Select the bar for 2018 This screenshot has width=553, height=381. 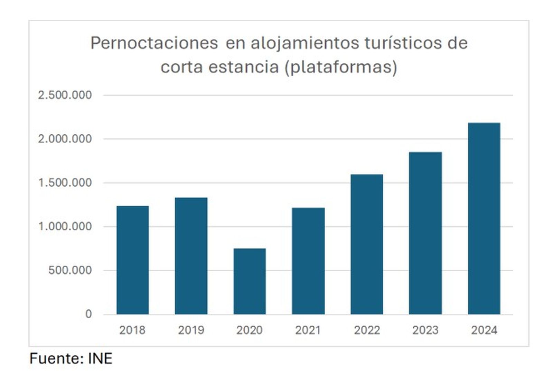coord(132,260)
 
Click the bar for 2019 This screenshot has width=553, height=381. coord(191,256)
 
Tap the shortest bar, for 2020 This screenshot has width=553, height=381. coord(250,281)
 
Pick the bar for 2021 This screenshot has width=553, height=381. coord(308,261)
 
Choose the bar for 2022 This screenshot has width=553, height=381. coord(367,244)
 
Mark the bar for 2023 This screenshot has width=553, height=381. coord(425,233)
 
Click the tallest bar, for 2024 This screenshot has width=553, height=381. coord(484,218)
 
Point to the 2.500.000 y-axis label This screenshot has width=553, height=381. coord(65,95)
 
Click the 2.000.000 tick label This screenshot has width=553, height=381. coord(65,139)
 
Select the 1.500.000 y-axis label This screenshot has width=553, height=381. coord(65,183)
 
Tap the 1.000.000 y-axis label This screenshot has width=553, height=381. coord(65,226)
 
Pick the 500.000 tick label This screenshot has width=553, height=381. coord(70,270)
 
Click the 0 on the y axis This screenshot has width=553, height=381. coord(88,314)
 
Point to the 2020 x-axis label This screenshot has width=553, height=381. coord(250,330)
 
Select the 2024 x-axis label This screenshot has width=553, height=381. coord(484,330)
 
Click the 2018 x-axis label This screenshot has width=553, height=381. coord(132,330)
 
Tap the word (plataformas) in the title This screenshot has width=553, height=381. coord(341,67)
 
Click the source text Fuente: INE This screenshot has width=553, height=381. coord(71,359)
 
